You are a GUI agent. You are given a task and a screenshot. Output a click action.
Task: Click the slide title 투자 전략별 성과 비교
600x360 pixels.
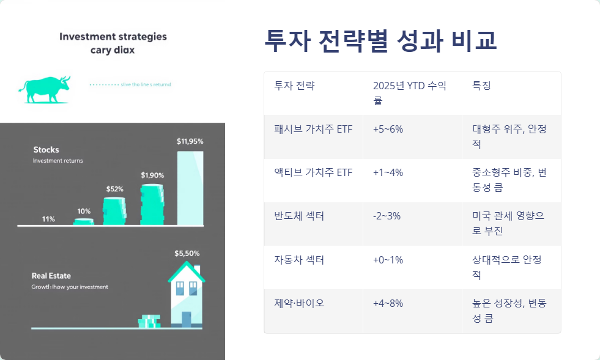tap(380, 41)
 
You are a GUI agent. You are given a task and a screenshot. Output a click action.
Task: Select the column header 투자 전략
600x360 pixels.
tap(294, 86)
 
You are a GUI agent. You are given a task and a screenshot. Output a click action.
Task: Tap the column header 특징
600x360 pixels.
tap(481, 86)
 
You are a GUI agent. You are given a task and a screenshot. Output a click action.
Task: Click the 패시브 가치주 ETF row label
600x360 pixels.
tap(313, 130)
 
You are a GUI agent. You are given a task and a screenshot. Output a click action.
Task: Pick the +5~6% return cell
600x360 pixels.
tap(388, 130)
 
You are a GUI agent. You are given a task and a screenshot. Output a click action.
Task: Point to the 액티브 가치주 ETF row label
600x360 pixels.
tap(313, 173)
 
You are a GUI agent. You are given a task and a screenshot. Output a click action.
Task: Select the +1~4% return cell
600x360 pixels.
tap(388, 173)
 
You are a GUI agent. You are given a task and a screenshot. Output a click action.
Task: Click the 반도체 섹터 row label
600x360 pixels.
tap(299, 216)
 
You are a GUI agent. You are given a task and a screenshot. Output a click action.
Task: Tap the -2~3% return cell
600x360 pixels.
tap(387, 216)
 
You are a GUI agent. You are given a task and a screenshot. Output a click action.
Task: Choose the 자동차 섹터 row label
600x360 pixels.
tap(299, 260)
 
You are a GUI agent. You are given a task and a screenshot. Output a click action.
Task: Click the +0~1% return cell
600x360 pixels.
tap(388, 260)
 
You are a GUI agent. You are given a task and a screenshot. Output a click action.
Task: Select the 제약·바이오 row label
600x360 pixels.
tap(299, 303)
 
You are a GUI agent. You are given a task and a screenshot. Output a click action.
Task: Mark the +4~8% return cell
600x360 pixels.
tap(388, 303)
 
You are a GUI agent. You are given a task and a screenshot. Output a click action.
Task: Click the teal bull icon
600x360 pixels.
tap(44, 89)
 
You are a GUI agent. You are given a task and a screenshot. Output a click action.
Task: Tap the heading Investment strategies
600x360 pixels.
tap(113, 37)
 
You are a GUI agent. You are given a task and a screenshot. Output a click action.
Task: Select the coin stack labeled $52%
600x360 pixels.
tap(114, 211)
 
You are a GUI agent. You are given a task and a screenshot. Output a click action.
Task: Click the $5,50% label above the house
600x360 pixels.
tap(187, 253)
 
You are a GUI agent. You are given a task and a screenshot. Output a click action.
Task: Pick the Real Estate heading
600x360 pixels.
tap(52, 276)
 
